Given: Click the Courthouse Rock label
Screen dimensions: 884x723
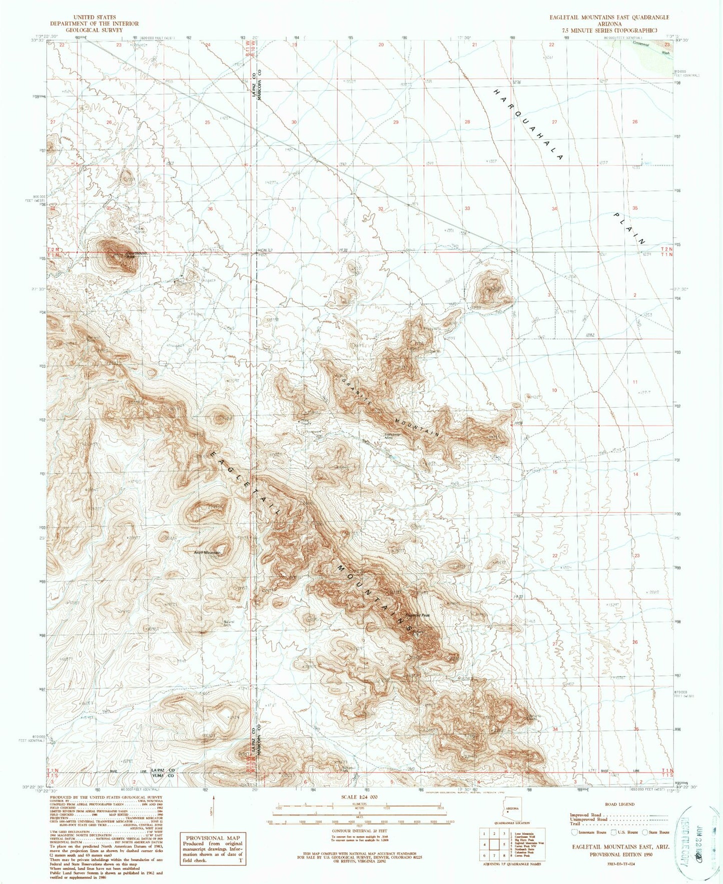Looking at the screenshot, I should click(124, 254).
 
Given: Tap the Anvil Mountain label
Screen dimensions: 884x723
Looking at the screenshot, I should click(208, 552).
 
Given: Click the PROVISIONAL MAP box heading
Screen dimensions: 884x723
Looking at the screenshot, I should click(213, 838).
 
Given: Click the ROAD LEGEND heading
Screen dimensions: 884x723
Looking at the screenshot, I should click(620, 804).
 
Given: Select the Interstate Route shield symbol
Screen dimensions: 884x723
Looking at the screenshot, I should click(574, 832).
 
